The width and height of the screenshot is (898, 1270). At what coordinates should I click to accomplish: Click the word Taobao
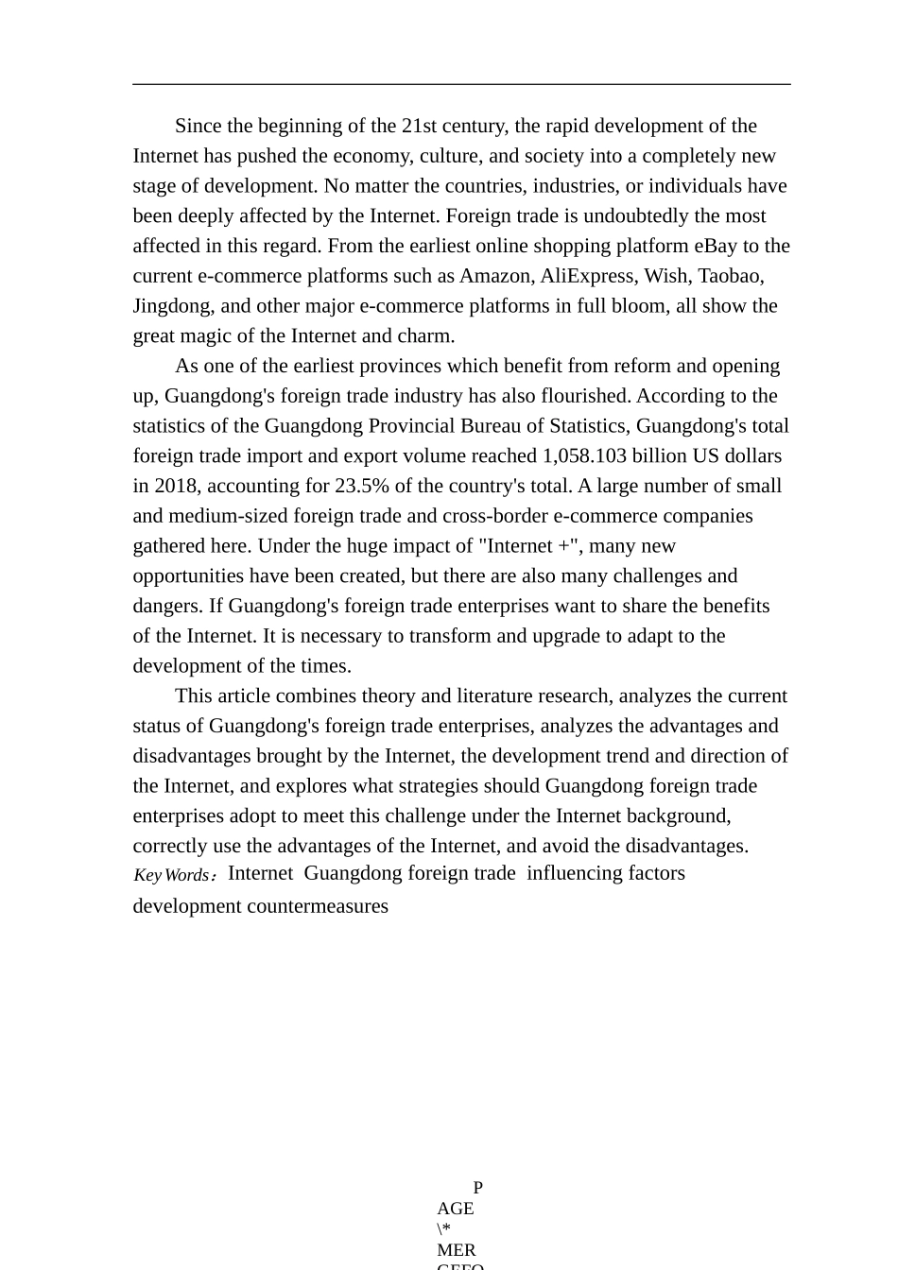click(x=730, y=276)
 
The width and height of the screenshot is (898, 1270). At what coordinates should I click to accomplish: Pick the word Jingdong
click(x=172, y=306)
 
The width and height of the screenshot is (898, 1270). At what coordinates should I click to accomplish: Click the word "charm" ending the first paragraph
click(x=428, y=336)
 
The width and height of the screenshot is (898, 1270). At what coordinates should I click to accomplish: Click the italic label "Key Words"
click(x=171, y=875)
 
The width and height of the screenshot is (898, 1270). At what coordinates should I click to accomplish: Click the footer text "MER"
click(x=457, y=1249)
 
